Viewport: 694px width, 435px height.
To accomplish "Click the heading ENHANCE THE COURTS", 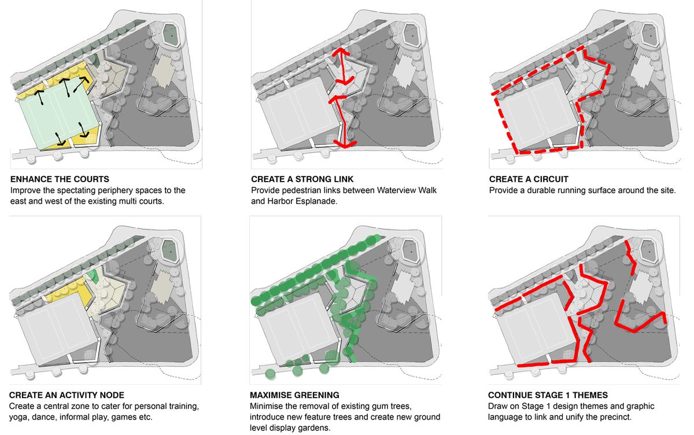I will point(59,179).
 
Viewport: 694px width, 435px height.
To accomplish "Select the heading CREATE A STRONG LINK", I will point(302,179).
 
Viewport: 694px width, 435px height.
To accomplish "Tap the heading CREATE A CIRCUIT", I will point(529,179).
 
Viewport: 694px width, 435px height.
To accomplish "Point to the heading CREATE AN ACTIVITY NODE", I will point(67,395).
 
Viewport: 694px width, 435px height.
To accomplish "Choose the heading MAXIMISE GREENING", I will point(294,395).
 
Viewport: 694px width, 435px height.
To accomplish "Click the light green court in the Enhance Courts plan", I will point(55,116).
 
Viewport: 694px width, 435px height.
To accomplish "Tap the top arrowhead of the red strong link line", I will point(341,51).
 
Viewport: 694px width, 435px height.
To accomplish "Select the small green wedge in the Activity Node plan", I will point(93,276).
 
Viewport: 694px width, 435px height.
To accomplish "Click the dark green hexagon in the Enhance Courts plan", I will point(171,35).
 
